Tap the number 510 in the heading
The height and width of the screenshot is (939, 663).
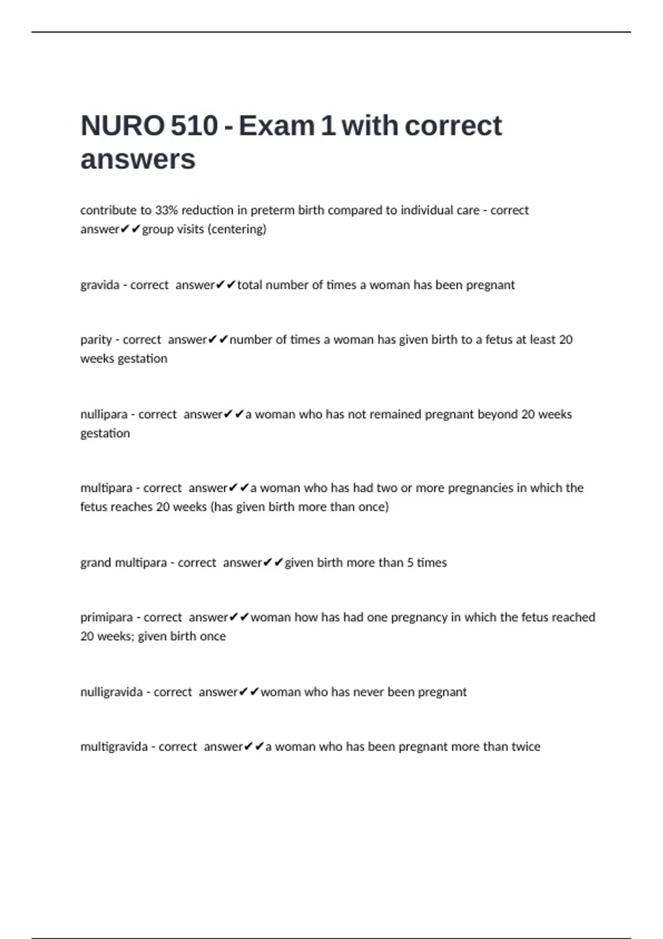click(x=194, y=125)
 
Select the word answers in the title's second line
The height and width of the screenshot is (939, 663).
click(x=138, y=160)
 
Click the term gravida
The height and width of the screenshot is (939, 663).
click(x=99, y=285)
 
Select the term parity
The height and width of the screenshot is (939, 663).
click(x=96, y=340)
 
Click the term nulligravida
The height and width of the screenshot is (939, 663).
click(x=111, y=692)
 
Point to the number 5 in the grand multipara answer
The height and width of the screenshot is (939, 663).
click(x=410, y=562)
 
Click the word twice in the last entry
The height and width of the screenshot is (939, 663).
click(x=525, y=747)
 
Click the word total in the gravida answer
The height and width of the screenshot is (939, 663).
click(x=250, y=285)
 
